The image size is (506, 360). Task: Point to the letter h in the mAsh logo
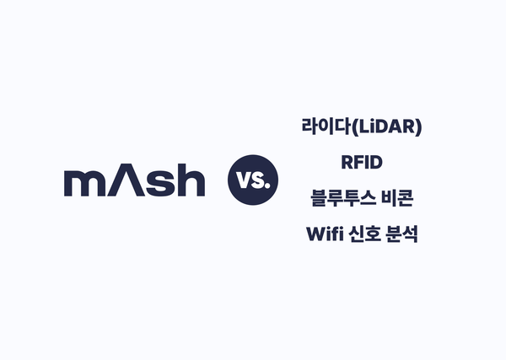click(x=190, y=180)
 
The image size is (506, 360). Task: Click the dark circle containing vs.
click(x=252, y=180)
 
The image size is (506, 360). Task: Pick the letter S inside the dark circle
click(x=258, y=181)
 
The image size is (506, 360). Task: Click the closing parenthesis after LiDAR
click(x=418, y=128)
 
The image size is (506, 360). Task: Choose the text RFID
click(x=360, y=163)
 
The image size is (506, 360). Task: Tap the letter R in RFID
click(x=344, y=163)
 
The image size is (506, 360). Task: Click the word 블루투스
click(x=342, y=198)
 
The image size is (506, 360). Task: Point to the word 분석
click(x=402, y=234)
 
